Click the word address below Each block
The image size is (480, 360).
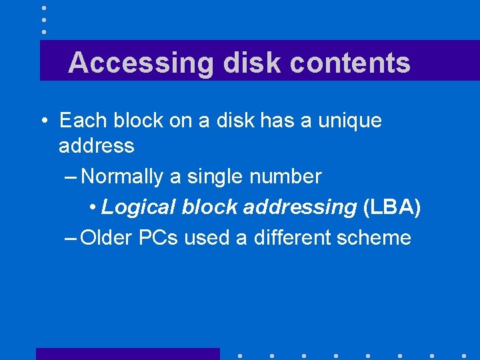click(96, 145)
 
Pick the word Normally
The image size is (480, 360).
click(122, 177)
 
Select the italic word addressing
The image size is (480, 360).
click(299, 207)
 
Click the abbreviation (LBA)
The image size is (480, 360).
click(393, 207)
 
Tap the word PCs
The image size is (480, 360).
click(159, 237)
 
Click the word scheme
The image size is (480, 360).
click(377, 237)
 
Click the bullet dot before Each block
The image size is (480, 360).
click(43, 121)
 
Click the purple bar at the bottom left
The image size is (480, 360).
click(127, 353)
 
